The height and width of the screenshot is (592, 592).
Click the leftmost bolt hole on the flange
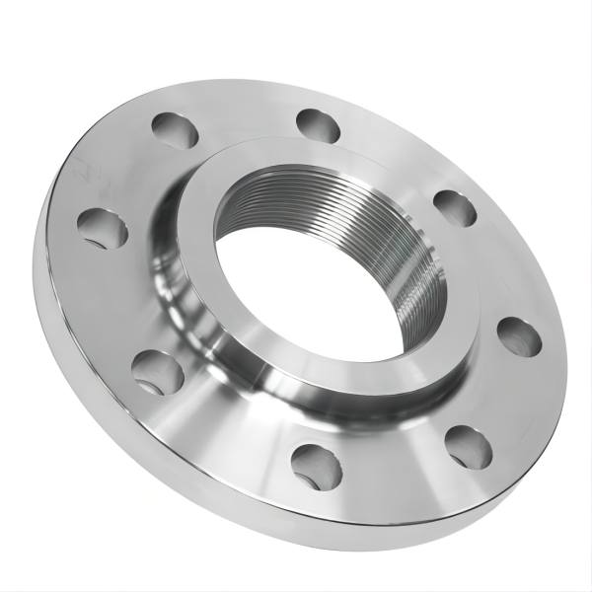(103, 229)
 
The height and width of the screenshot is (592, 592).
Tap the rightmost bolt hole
(519, 337)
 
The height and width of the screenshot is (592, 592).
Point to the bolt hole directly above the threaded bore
(318, 125)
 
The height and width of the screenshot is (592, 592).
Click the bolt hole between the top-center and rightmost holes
(454, 207)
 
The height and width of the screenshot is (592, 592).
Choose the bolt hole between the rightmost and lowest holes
(468, 446)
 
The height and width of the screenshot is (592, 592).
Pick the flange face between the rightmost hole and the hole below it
(503, 395)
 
